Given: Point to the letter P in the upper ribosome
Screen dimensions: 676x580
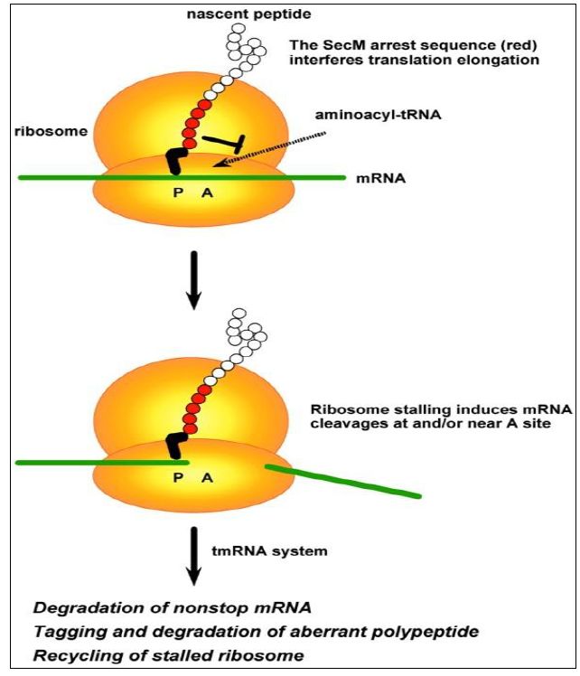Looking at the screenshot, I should [x=178, y=192].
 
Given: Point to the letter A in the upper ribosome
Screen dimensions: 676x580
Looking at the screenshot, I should [x=206, y=192].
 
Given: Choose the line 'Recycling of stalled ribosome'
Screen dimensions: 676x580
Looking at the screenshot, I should [x=142, y=654].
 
